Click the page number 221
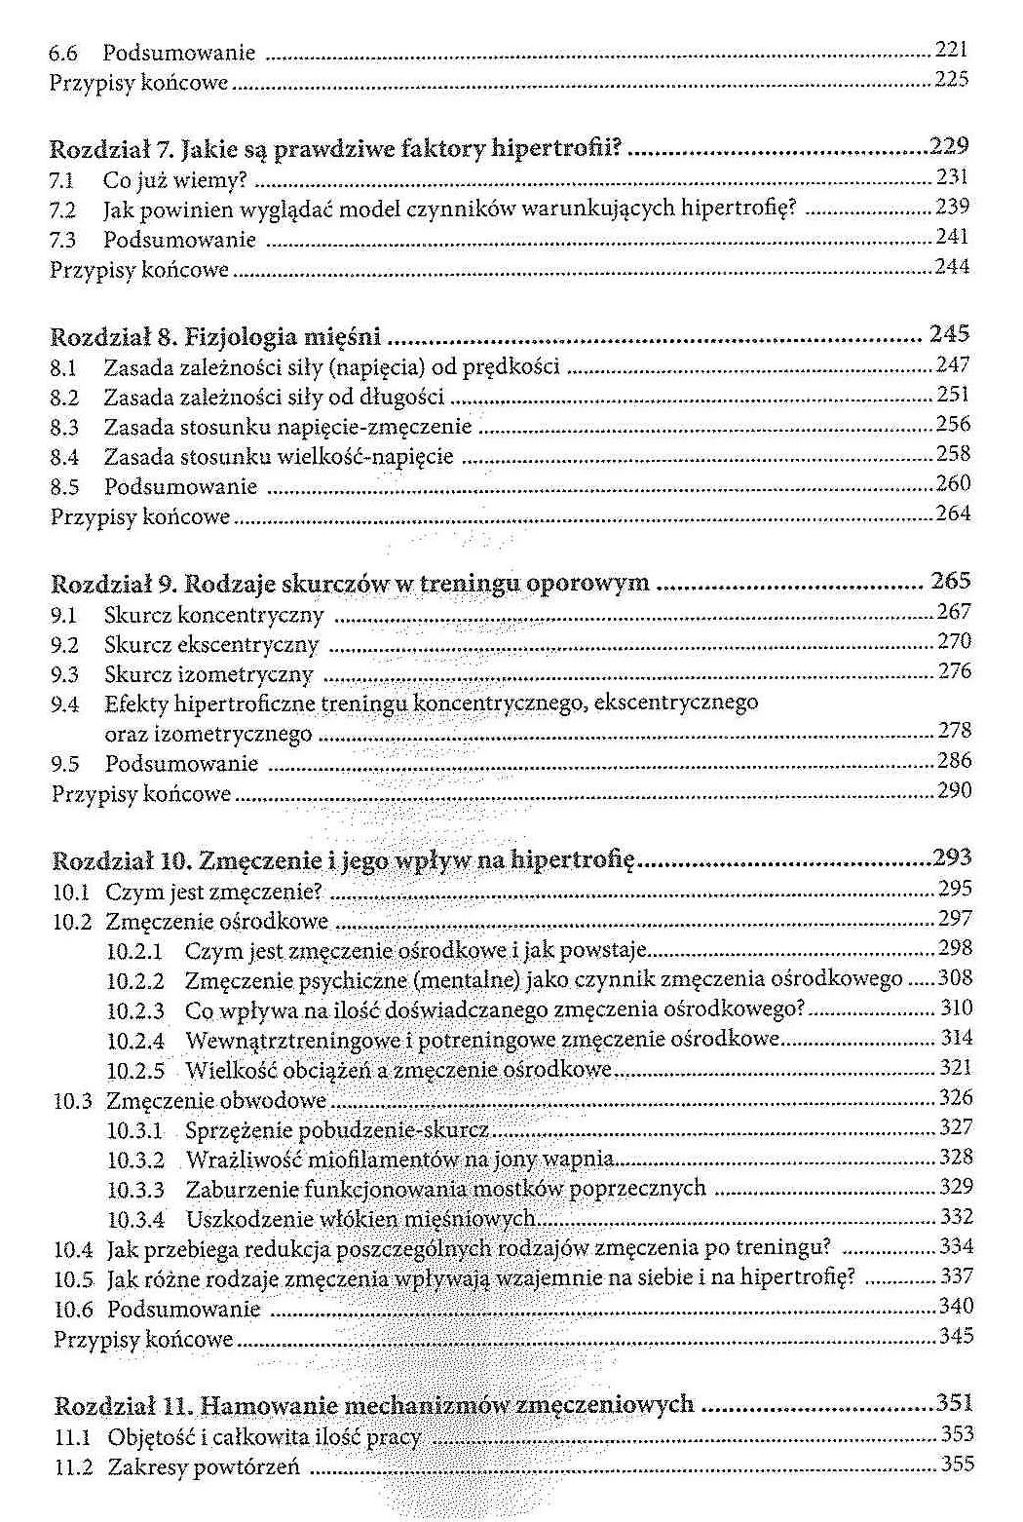pos(951,50)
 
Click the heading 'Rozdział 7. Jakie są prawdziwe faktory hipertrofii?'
pos(335,149)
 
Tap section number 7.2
pos(61,209)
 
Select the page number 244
pos(952,267)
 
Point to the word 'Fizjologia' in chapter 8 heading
pos(240,337)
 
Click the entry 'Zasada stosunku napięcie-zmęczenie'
pos(287,427)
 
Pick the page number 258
pos(953,454)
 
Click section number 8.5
pos(64,487)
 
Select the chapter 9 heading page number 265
pos(950,581)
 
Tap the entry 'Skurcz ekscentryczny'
pos(211,645)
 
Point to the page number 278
pos(954,731)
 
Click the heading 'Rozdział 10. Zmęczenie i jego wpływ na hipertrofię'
pos(343,860)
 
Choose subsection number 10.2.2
pos(135,980)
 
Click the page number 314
pos(956,1039)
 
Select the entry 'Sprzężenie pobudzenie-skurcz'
pos(337,1130)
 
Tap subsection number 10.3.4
pos(136,1219)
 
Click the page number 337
pos(956,1276)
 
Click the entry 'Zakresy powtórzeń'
pos(204,1466)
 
